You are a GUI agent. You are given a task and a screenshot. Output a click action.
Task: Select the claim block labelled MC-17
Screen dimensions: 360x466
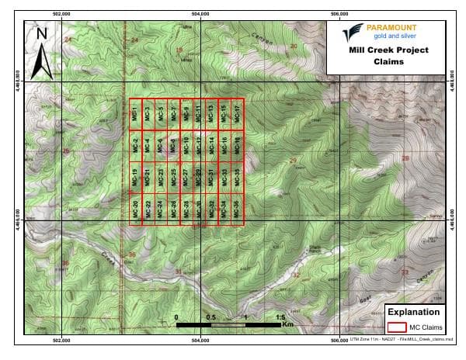tap(238, 114)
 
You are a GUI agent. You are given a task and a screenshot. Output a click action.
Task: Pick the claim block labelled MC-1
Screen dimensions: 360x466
tap(136, 114)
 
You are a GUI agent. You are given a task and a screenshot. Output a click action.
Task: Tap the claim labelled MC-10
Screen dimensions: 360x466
tap(186, 145)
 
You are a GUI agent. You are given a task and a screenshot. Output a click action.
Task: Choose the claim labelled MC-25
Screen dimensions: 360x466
tap(174, 177)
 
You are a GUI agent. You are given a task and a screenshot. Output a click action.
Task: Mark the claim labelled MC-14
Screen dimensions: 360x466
tap(212, 145)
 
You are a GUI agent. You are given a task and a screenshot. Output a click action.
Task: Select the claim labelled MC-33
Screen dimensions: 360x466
tap(224, 177)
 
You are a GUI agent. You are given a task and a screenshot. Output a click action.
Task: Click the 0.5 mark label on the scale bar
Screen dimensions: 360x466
tap(211, 318)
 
